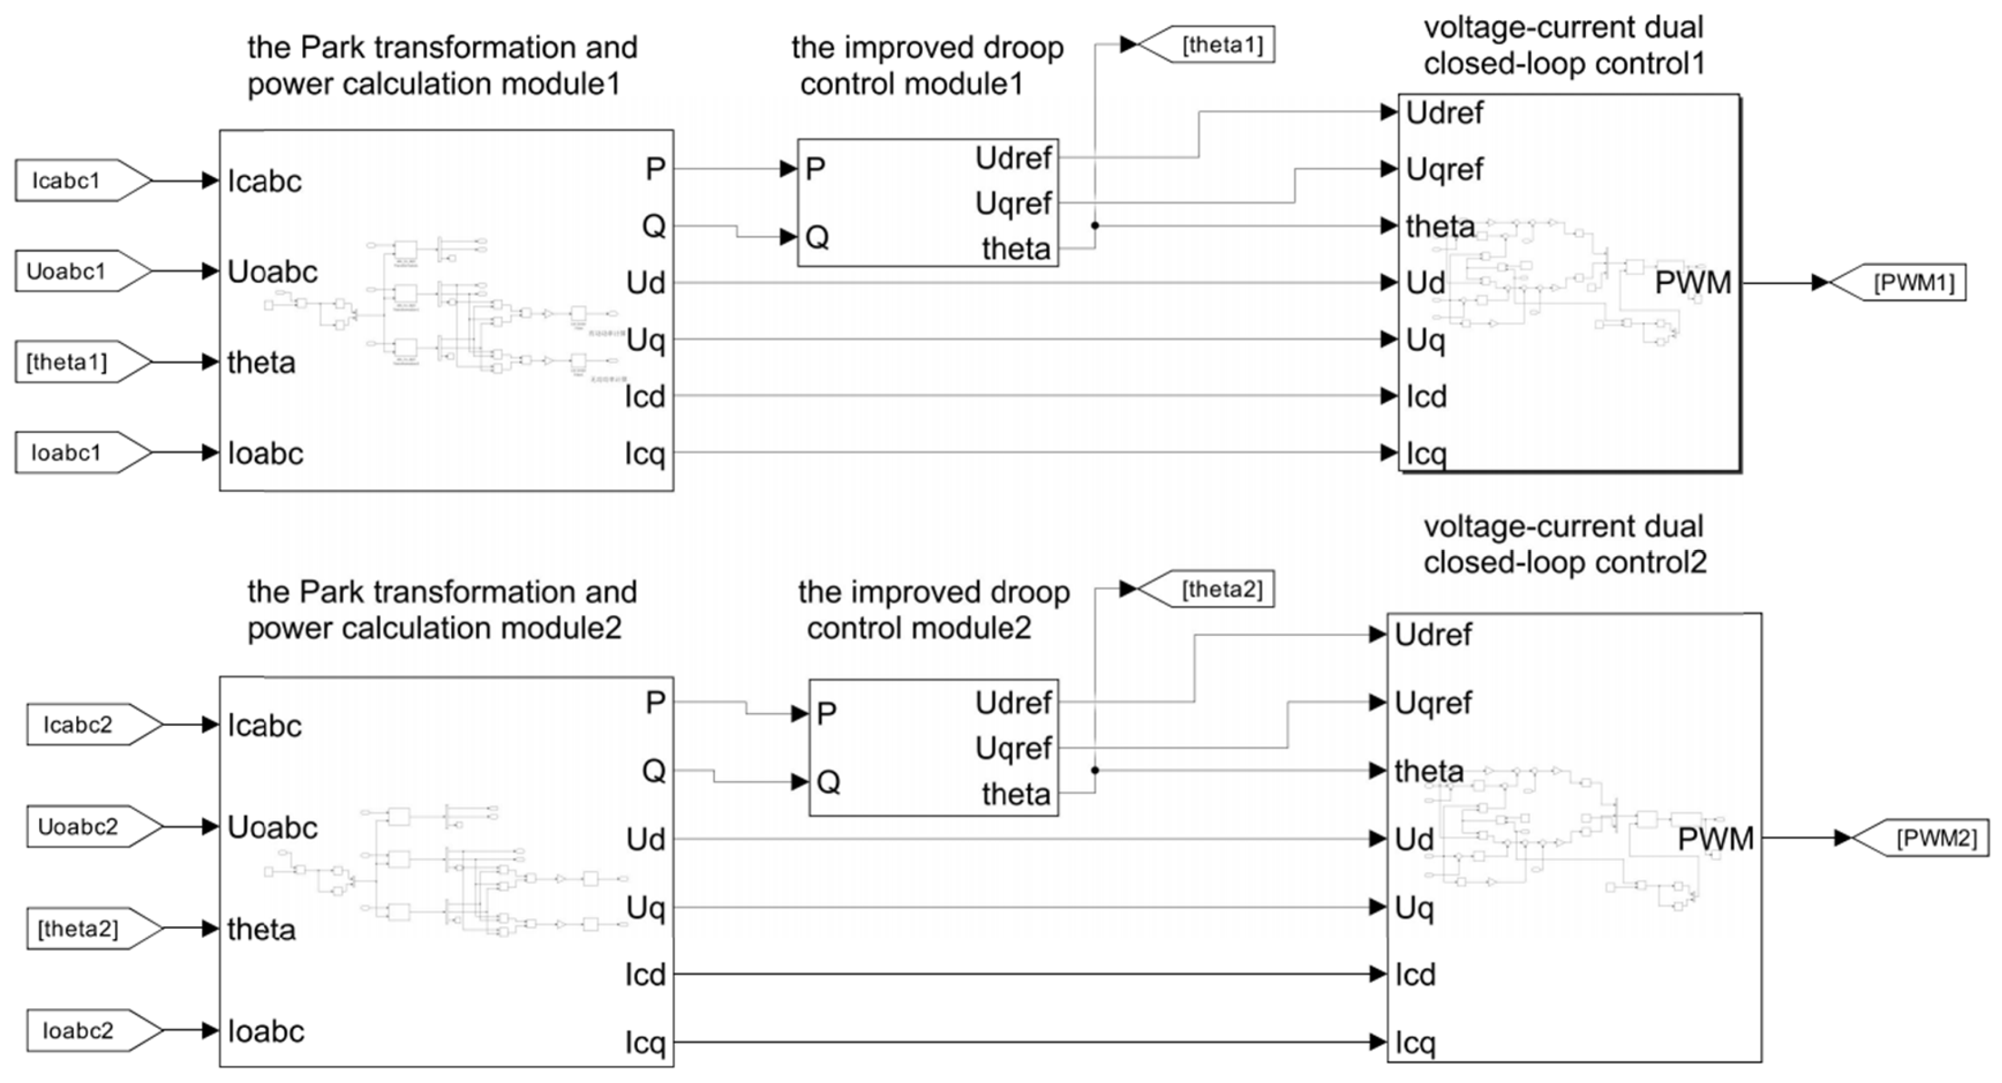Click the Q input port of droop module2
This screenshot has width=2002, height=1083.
pyautogui.click(x=828, y=782)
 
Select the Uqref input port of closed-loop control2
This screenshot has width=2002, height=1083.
pyautogui.click(x=1432, y=703)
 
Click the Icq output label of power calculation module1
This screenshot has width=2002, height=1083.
pyautogui.click(x=645, y=454)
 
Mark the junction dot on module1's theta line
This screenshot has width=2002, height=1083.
pyautogui.click(x=1095, y=226)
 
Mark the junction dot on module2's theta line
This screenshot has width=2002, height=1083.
pyautogui.click(x=1095, y=771)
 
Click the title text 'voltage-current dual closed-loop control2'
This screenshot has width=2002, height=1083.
pyautogui.click(x=1564, y=544)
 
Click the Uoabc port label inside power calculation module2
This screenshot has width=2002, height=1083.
pyautogui.click(x=272, y=828)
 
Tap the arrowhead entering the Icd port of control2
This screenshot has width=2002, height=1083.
pyautogui.click(x=1379, y=973)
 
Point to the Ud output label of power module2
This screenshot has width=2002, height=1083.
pyautogui.click(x=645, y=840)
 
